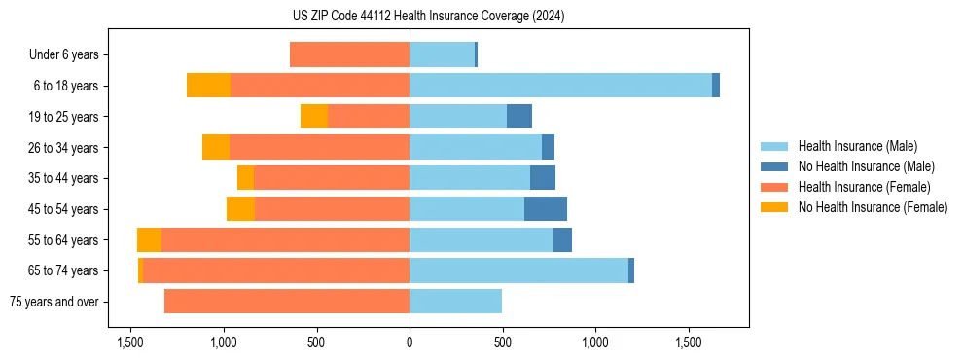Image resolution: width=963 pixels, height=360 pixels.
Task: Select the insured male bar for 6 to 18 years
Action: coord(560,86)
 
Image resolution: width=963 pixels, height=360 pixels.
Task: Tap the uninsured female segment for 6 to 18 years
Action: coord(208,86)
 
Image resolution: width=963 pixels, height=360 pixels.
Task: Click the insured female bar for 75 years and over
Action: coord(287,302)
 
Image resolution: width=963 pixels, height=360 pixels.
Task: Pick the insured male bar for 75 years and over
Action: coord(455,302)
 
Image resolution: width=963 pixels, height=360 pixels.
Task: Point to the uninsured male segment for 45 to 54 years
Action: coord(546,209)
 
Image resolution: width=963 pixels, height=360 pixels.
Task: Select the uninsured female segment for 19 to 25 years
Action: coord(314,117)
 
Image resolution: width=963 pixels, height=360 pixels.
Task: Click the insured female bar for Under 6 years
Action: coord(349,55)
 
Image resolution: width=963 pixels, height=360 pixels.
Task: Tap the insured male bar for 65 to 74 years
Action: coord(518,270)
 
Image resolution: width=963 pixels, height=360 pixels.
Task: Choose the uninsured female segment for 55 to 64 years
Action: coord(149,240)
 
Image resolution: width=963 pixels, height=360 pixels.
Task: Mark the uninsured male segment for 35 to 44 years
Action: coord(543,178)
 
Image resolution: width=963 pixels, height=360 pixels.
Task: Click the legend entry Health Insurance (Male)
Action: coord(857,146)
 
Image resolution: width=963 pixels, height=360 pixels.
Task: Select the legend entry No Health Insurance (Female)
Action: coord(873,207)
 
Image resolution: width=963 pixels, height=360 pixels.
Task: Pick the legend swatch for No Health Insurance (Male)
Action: coord(774,166)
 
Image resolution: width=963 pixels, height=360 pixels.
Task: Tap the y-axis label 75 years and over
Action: coord(54,302)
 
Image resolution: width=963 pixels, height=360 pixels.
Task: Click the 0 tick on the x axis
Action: coord(410,342)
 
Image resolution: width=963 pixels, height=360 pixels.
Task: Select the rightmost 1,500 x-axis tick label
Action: coord(688,342)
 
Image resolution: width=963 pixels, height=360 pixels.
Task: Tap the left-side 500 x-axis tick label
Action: coord(316,342)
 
